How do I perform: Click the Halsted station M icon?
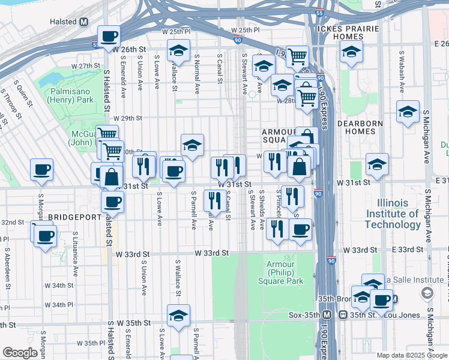pos(84,22)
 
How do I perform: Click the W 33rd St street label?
pos(211,253)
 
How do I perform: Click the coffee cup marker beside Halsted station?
pos(109,37)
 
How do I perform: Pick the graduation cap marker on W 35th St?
pos(178,316)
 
